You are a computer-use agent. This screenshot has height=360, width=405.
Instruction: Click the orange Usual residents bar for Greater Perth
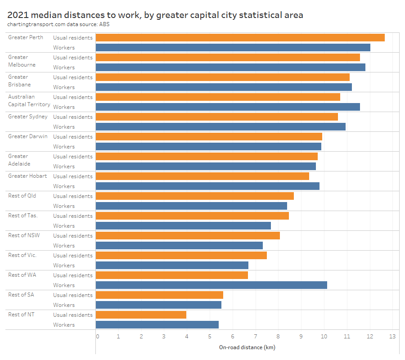pos(240,38)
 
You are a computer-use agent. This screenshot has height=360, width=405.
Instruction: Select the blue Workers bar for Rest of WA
pos(211,285)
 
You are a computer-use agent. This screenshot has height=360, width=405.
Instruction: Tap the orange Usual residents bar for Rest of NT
pos(141,315)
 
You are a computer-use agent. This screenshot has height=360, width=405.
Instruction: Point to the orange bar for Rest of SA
pos(159,295)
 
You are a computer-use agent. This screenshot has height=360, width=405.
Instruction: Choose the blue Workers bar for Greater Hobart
pos(207,186)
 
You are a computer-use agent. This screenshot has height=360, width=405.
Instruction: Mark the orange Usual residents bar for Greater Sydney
pos(216,117)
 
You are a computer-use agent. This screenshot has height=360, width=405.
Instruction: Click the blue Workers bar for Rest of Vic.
pos(172,265)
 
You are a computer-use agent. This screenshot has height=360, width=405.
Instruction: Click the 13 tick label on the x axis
pos(392,336)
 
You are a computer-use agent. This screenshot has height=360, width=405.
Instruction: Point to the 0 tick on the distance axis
pos(97,336)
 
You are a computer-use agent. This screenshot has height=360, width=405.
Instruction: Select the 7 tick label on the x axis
pos(255,336)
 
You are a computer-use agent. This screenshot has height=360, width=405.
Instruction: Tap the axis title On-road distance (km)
pos(247,347)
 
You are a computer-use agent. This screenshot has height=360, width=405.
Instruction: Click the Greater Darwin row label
pos(27,136)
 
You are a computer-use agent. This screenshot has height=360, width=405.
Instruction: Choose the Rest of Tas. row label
pos(23,216)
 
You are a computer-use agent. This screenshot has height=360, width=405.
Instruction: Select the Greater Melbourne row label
pos(22,61)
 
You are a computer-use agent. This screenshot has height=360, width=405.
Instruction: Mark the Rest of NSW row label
pos(24,235)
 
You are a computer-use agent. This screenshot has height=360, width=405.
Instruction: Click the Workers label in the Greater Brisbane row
pos(64,87)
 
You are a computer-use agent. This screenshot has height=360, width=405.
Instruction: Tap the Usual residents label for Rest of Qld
pos(73,196)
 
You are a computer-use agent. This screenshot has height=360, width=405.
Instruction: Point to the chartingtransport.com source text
pos(37,24)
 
